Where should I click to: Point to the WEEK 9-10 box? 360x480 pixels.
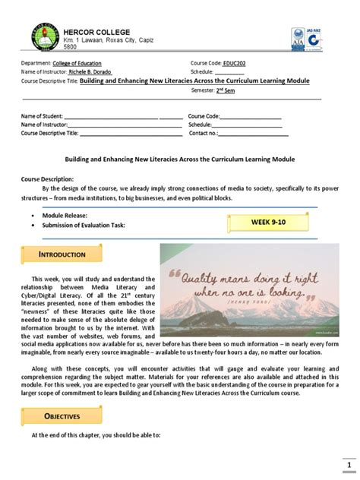pos(270,222)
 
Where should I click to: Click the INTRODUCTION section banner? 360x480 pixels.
pos(63,254)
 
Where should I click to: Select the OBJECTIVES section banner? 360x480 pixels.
pos(63,416)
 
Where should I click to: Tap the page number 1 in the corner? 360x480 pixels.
pos(349,465)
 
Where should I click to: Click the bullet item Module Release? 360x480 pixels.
pos(65,216)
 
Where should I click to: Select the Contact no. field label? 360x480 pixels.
pos(204,133)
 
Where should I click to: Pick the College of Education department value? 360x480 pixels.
pos(77,63)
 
